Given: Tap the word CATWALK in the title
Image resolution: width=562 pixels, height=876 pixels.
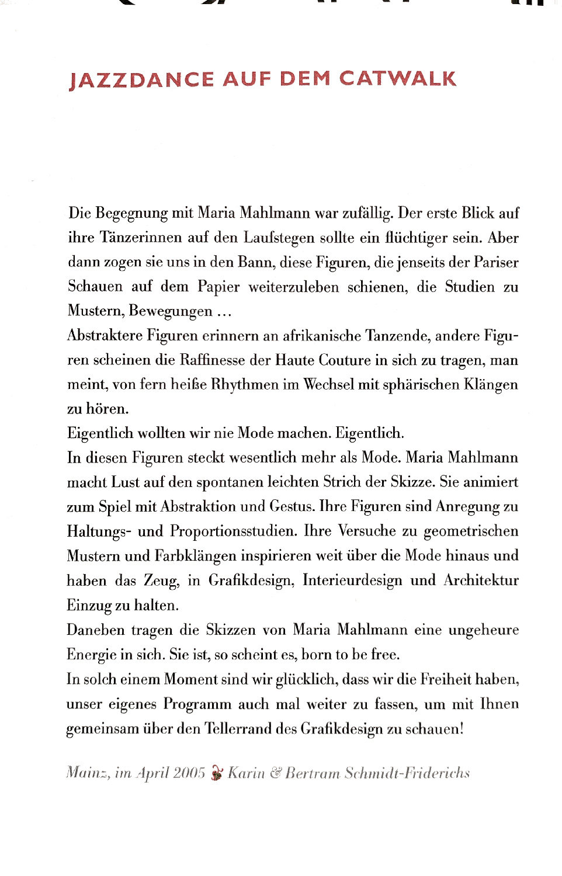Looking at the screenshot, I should (398, 78).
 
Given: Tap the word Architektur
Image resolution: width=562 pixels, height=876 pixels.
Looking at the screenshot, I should (481, 580).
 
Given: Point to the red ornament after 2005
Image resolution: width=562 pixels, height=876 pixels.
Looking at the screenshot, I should (217, 774).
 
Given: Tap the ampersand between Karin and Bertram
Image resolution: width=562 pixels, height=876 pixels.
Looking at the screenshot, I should (275, 773).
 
